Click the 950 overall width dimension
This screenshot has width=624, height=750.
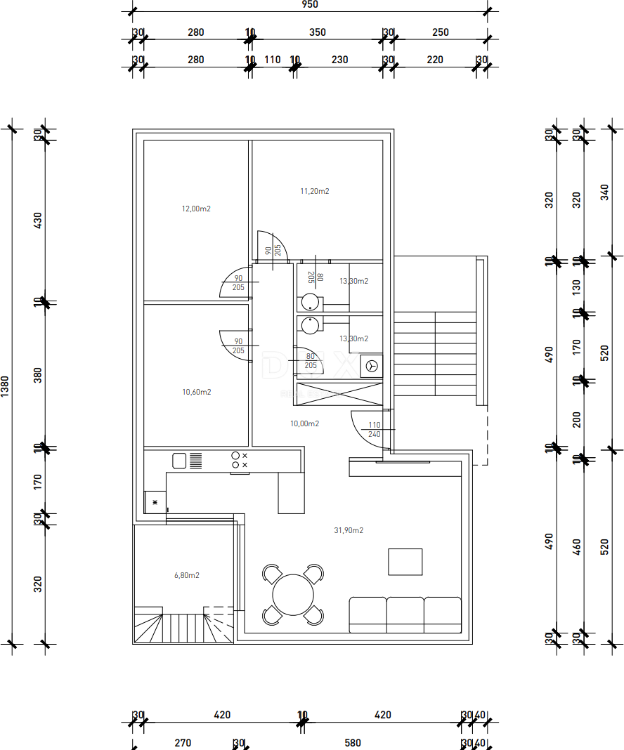(310, 4)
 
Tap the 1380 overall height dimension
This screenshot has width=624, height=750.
(5, 386)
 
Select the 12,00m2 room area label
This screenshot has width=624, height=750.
(197, 209)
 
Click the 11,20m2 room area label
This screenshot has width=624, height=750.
(315, 191)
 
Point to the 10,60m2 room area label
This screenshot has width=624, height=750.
(197, 392)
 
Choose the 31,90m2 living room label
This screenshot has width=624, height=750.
(349, 530)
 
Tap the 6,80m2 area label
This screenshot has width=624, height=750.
(187, 575)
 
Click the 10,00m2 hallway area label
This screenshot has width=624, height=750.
(305, 423)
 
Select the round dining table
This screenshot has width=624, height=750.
(293, 595)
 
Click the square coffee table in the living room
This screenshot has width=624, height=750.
(405, 562)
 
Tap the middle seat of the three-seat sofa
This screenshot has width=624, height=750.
(405, 614)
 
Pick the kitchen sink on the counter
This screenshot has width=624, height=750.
(180, 461)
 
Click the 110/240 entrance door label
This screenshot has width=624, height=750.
(374, 430)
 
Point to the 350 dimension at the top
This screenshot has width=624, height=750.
(318, 32)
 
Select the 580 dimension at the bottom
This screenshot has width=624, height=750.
(353, 743)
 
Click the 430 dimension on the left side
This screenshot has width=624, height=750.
(39, 220)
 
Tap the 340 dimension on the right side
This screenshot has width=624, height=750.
(605, 192)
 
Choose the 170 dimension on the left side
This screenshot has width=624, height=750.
(39, 482)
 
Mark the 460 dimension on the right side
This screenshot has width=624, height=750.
(578, 548)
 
